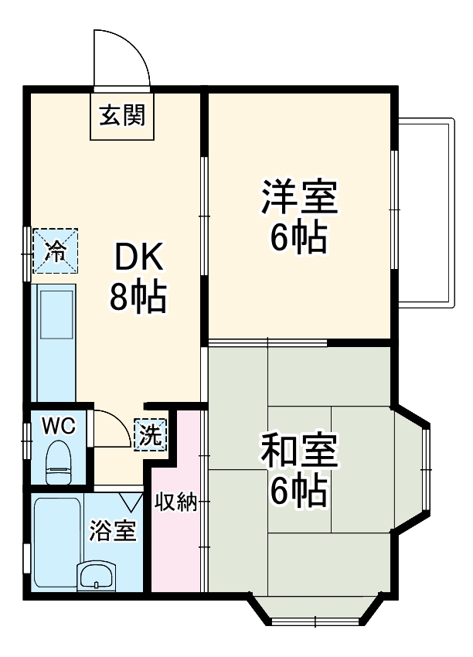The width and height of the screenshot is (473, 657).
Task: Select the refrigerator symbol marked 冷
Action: pyautogui.click(x=56, y=250)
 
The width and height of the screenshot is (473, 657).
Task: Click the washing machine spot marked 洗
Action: pyautogui.click(x=150, y=434)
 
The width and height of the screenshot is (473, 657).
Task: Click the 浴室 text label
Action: pyautogui.click(x=113, y=532)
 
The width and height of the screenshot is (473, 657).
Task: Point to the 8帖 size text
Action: pyautogui.click(x=138, y=296)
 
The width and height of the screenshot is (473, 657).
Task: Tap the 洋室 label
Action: pyautogui.click(x=298, y=197)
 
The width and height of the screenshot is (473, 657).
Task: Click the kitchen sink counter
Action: pyautogui.click(x=54, y=340)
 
